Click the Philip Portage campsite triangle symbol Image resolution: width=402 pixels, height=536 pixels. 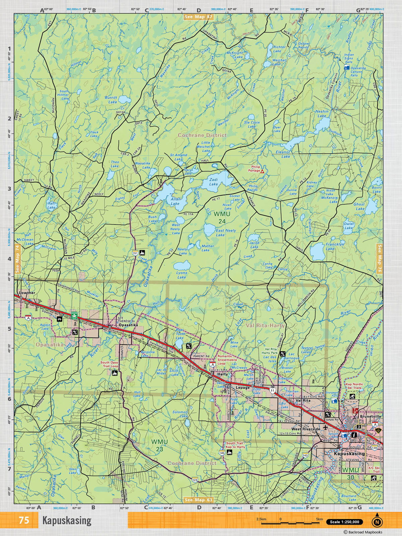click(263, 171)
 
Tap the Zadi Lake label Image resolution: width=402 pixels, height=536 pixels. click(213, 182)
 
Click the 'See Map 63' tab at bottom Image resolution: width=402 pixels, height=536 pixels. click(198, 500)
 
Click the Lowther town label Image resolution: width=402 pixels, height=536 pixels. click(27, 293)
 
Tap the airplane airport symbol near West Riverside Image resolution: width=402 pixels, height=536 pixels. click(325, 429)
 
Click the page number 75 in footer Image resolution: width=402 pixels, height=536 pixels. click(24, 521)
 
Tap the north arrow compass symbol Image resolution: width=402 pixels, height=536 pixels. click(377, 521)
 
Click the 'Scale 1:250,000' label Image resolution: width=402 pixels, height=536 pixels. click(345, 522)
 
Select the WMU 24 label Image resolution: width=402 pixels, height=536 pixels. click(222, 217)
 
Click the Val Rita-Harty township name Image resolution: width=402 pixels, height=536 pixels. click(265, 325)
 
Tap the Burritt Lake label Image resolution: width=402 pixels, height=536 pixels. click(111, 99)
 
